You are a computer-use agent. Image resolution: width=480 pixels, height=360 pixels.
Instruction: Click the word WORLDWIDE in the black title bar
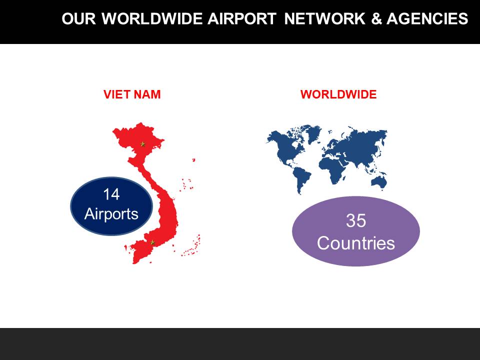click(x=152, y=18)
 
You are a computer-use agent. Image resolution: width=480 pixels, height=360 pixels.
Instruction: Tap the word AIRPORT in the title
click(x=242, y=18)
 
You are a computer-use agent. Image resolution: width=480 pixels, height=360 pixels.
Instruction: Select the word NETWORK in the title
click(x=325, y=18)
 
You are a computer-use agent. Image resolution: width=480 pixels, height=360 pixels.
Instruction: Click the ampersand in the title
click(x=376, y=18)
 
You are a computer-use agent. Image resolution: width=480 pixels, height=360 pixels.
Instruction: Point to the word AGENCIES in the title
click(x=427, y=18)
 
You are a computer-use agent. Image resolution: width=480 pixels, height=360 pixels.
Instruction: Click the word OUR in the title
click(x=79, y=18)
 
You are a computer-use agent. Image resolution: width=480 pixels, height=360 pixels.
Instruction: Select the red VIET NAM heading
click(x=132, y=94)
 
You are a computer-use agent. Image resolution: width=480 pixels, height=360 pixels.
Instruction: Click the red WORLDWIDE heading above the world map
click(x=338, y=94)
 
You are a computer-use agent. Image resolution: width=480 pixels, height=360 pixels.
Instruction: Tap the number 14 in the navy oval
click(x=111, y=194)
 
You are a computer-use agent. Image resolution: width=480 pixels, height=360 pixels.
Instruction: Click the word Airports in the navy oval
click(x=111, y=214)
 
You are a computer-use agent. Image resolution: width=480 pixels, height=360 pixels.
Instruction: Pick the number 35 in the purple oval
click(x=355, y=220)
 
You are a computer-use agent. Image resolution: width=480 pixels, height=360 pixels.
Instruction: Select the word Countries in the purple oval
click(x=355, y=243)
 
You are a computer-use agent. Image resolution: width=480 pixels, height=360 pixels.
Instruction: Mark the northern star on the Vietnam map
click(x=142, y=143)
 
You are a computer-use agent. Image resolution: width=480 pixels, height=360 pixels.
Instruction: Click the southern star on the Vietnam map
click(x=152, y=243)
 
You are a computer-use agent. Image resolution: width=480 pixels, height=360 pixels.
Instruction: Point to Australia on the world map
click(x=379, y=181)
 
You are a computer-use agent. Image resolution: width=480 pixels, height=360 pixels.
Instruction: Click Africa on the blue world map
click(x=333, y=167)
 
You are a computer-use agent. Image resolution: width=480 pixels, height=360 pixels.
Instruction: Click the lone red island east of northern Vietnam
click(x=193, y=160)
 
